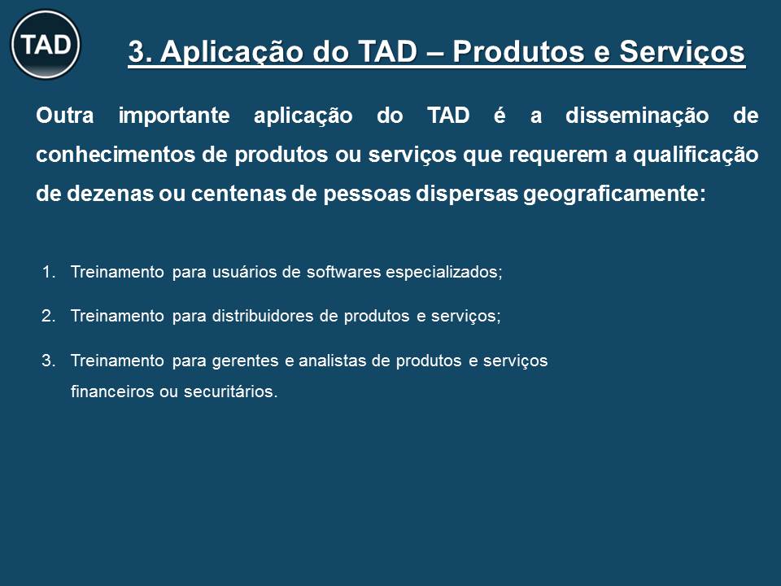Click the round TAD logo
46,44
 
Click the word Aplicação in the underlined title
231,53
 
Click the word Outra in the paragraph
65,116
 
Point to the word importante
174,116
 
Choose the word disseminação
637,116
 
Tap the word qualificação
696,155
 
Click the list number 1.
48,272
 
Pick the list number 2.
48,316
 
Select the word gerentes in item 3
245,361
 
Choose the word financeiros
112,391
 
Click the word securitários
230,391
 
